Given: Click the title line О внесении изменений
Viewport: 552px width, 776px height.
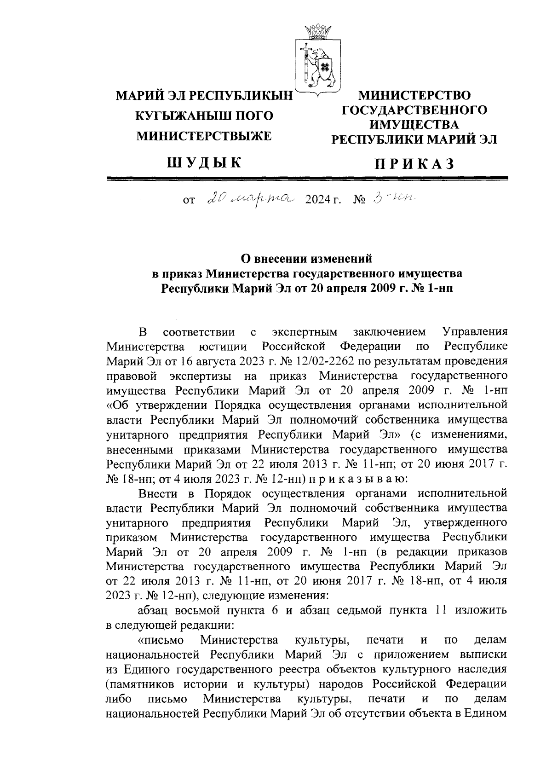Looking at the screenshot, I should coord(307,258).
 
